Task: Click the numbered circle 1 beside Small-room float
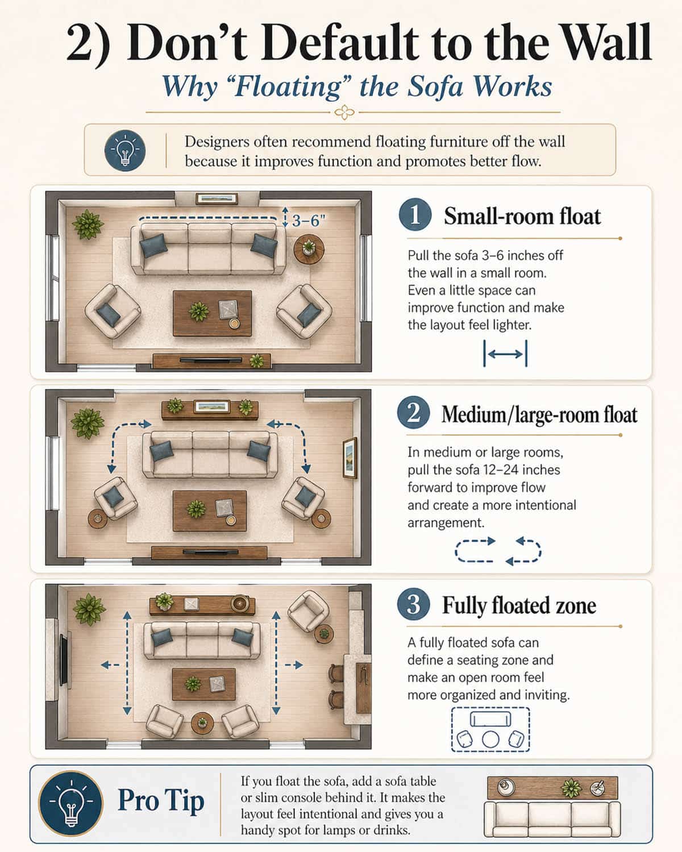tap(415, 216)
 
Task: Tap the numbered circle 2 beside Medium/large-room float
tap(414, 413)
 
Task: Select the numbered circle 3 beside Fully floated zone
tap(414, 605)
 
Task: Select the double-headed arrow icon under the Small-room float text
tap(505, 354)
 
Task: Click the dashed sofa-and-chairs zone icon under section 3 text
tap(490, 729)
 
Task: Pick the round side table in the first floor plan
tap(309, 249)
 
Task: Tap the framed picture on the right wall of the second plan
tap(350, 458)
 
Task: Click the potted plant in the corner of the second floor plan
tap(88, 423)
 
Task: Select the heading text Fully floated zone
tap(519, 605)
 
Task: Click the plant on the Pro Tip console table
tap(571, 788)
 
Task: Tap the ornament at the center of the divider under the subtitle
tap(344, 113)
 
